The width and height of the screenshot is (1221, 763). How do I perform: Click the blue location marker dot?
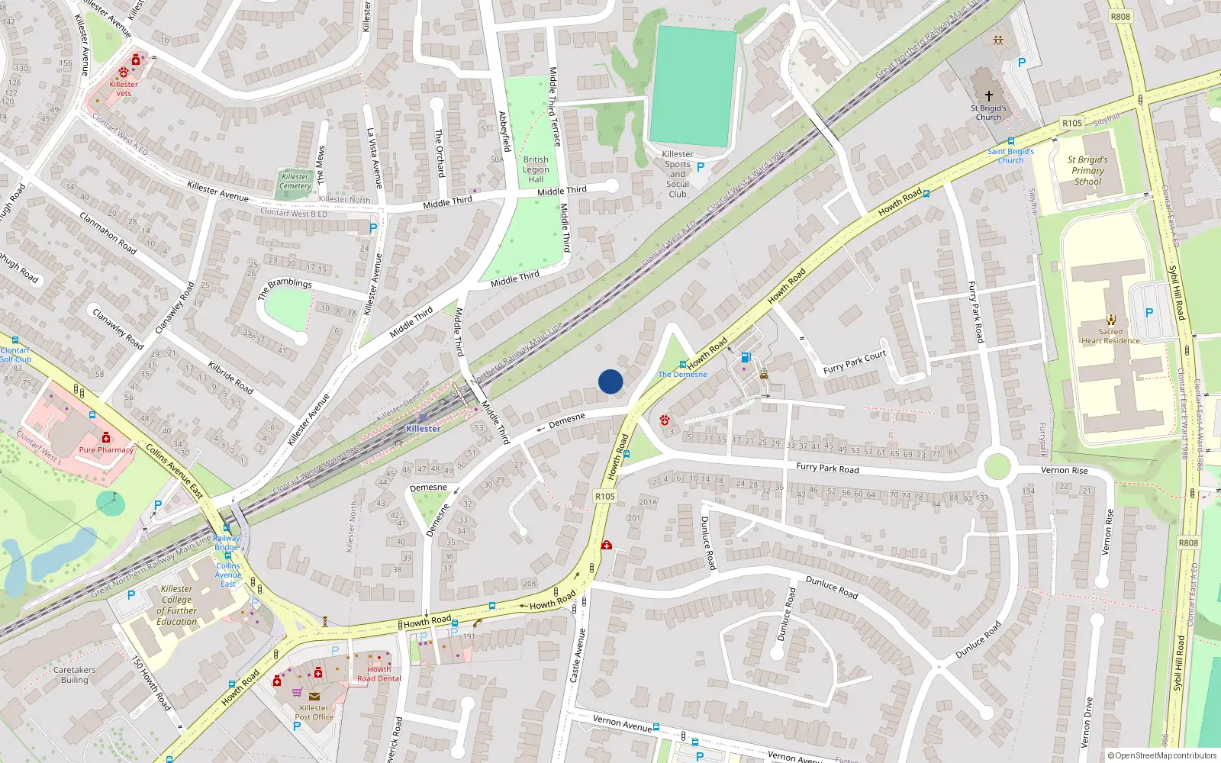pyautogui.click(x=610, y=381)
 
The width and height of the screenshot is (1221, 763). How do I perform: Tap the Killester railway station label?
pyautogui.click(x=423, y=429)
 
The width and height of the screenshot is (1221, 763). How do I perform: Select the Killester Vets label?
pyautogui.click(x=124, y=89)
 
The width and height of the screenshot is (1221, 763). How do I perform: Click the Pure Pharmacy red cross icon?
pyautogui.click(x=106, y=437)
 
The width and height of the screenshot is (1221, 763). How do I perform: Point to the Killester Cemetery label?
pyautogui.click(x=295, y=182)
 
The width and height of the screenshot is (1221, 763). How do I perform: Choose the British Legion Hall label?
pyautogui.click(x=536, y=169)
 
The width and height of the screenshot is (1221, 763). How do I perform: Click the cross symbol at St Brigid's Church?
pyautogui.click(x=989, y=96)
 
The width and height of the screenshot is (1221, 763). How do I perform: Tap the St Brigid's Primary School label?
pyautogui.click(x=1087, y=170)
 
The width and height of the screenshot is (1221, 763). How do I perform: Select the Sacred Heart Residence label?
pyautogui.click(x=1110, y=336)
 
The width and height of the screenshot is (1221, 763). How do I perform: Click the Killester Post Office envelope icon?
pyautogui.click(x=314, y=696)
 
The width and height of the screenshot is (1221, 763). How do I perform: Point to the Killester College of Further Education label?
pyautogui.click(x=177, y=605)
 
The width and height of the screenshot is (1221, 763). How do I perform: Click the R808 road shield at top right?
pyautogui.click(x=1120, y=17)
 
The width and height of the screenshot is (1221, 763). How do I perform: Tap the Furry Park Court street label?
pyautogui.click(x=855, y=362)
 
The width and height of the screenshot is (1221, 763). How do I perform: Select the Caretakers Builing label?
pyautogui.click(x=75, y=674)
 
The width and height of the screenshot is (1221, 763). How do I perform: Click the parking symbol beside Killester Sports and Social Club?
pyautogui.click(x=701, y=167)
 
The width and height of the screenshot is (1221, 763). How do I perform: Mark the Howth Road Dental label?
pyautogui.click(x=379, y=674)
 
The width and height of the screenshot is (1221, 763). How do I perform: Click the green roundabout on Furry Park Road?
pyautogui.click(x=997, y=466)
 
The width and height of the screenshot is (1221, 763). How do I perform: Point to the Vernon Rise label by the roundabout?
pyautogui.click(x=1064, y=470)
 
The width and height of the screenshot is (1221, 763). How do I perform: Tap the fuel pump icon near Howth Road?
pyautogui.click(x=746, y=357)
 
